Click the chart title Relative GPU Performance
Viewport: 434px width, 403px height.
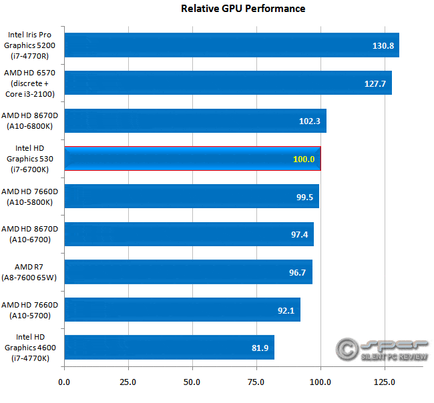click(243, 9)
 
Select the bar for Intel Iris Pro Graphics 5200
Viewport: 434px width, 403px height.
click(231, 45)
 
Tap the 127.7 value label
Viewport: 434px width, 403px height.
click(376, 83)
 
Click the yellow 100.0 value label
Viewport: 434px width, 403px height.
click(303, 159)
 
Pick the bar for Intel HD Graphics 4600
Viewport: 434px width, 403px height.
click(169, 347)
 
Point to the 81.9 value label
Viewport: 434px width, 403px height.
click(258, 348)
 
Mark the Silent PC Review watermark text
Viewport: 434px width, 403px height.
click(394, 359)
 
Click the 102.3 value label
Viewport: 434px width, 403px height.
click(310, 121)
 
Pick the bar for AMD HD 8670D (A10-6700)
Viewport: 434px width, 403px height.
click(188, 234)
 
